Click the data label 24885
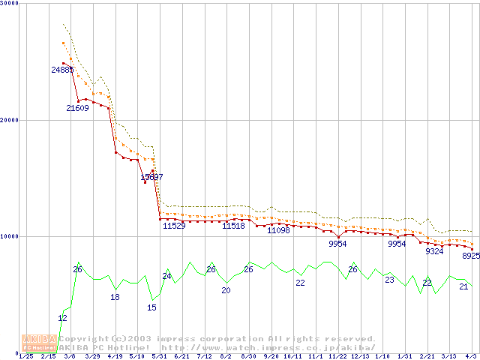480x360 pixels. click(x=63, y=70)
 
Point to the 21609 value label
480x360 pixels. click(x=77, y=108)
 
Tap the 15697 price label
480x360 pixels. click(x=151, y=178)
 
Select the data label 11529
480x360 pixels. click(x=174, y=226)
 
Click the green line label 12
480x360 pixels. click(x=62, y=318)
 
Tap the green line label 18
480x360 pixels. click(x=115, y=297)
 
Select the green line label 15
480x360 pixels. click(x=151, y=307)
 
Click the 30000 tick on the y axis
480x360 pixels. click(x=10, y=3)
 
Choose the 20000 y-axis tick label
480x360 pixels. click(x=10, y=120)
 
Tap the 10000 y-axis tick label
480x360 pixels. click(x=10, y=236)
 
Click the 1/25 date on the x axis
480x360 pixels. click(x=25, y=356)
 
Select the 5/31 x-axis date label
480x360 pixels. click(x=159, y=356)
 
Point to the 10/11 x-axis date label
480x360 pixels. click(x=292, y=356)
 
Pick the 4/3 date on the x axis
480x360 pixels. click(x=470, y=356)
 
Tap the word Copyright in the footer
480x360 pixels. click(x=79, y=339)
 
